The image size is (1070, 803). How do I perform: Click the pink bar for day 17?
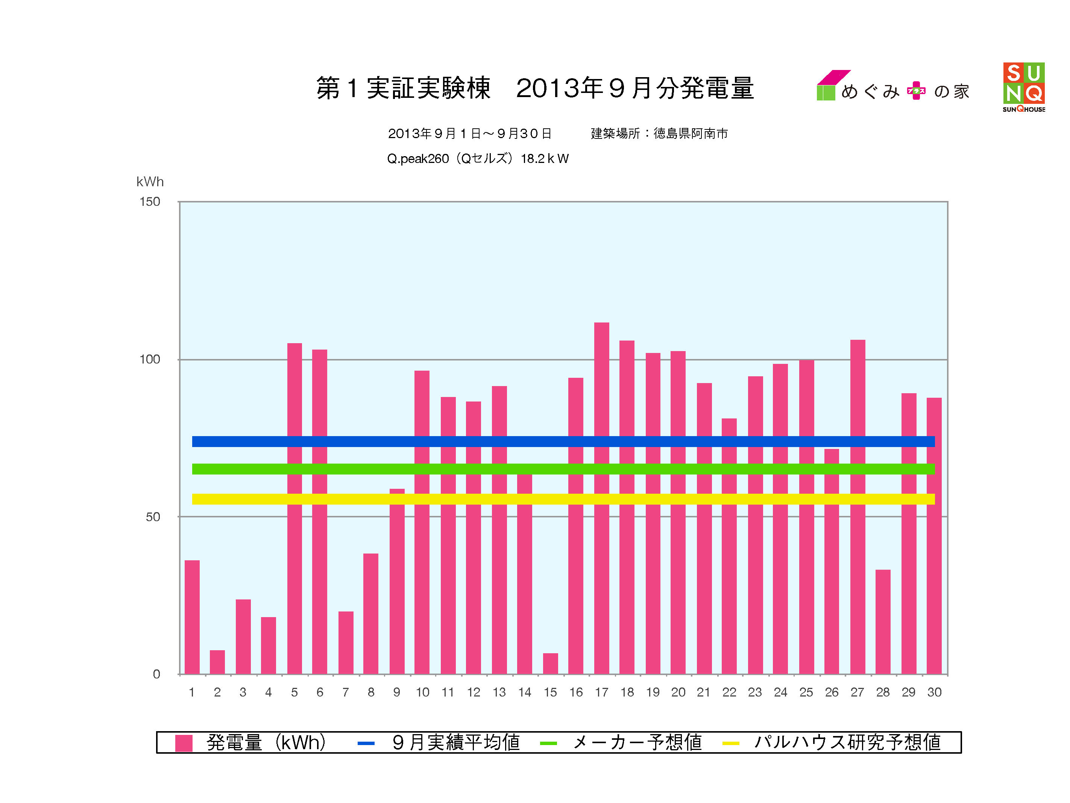pyautogui.click(x=601, y=499)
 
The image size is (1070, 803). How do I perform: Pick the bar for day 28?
pyautogui.click(x=883, y=622)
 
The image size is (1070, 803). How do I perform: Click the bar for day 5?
pyautogui.click(x=294, y=508)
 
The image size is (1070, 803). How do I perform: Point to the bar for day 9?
pyautogui.click(x=397, y=581)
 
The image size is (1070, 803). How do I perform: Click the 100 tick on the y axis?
pyautogui.click(x=149, y=359)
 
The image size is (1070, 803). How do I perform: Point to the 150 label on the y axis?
pyautogui.click(x=149, y=202)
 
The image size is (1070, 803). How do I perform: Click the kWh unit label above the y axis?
pyautogui.click(x=150, y=182)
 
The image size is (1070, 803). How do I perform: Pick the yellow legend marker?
pyautogui.click(x=730, y=743)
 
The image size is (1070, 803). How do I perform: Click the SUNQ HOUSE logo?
pyautogui.click(x=1024, y=87)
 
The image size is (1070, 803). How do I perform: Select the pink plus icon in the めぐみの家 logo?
pyautogui.click(x=916, y=91)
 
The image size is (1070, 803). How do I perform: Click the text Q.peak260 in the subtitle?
pyautogui.click(x=417, y=159)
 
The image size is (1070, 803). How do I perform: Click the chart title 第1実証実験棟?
pyautogui.click(x=403, y=88)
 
